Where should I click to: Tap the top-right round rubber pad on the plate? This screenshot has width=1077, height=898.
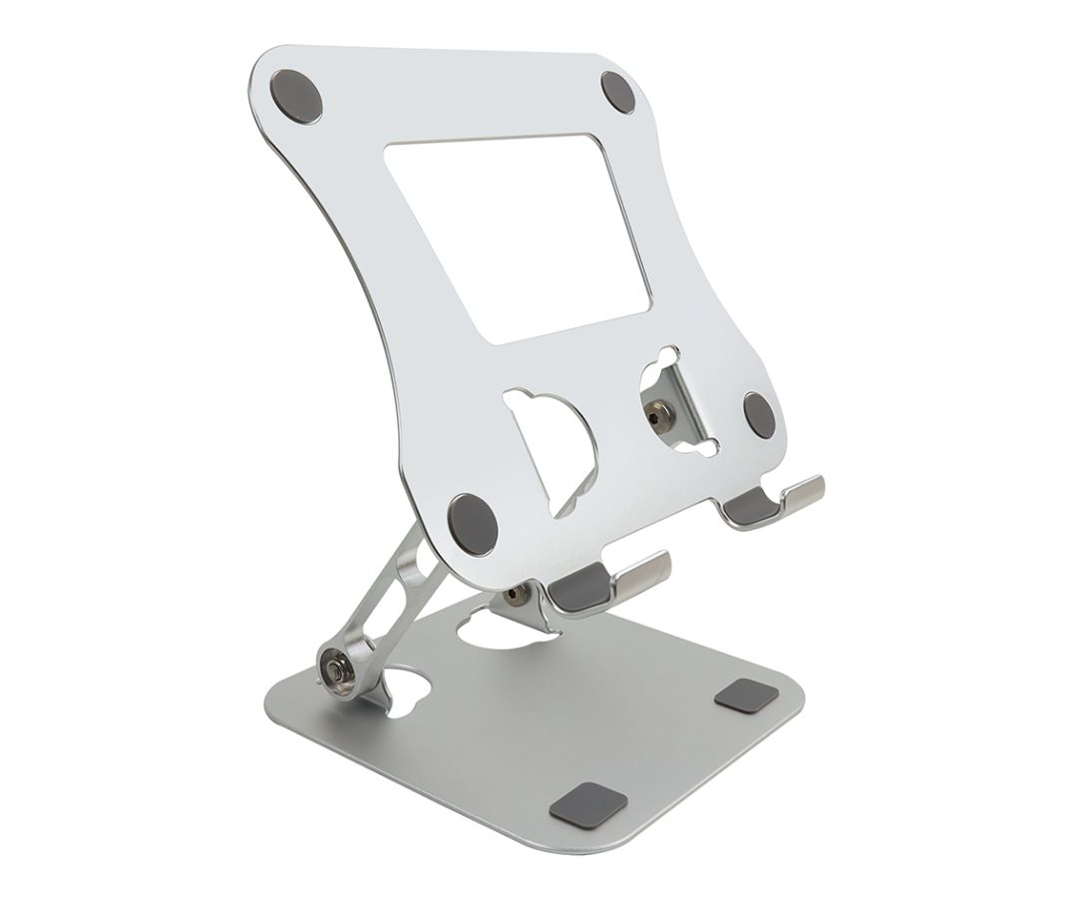click(x=623, y=93)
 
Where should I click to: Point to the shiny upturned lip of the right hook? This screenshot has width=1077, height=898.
click(x=803, y=492)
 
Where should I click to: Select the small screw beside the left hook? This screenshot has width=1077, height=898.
click(x=513, y=596)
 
